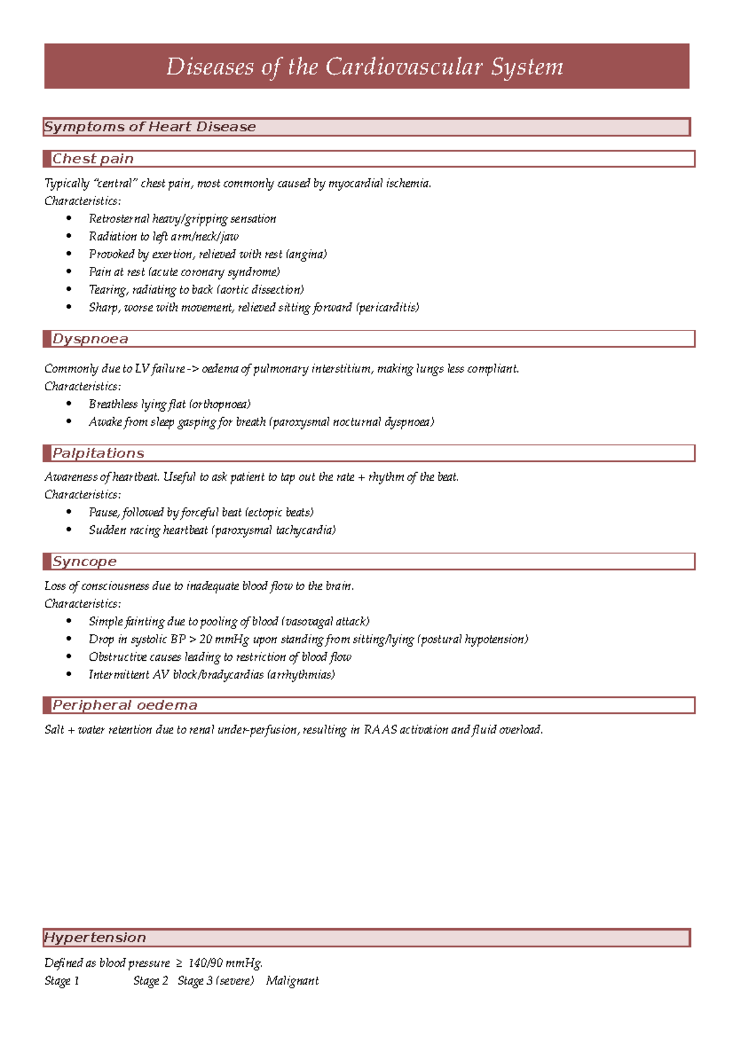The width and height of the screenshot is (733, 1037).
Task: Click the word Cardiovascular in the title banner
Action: coord(404,67)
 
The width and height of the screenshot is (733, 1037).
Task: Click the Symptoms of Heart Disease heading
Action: coord(150,127)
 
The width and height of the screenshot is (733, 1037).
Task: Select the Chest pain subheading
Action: coord(93,159)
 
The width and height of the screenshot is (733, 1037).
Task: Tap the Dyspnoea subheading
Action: coord(90,339)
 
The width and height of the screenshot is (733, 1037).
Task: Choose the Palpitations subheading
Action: coord(98,453)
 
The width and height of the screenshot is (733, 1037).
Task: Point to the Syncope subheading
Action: coord(84,562)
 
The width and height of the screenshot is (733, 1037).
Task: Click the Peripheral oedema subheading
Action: coord(125,705)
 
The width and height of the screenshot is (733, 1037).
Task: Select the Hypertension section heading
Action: coord(95,937)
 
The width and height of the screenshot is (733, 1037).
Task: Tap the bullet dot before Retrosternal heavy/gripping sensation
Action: coord(69,218)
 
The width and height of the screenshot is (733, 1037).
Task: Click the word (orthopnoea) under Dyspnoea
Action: coord(219,404)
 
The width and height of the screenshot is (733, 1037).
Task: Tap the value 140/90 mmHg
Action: coord(225,963)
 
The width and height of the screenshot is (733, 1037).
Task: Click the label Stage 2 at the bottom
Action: coord(150,981)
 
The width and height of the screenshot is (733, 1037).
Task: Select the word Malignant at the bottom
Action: coord(292,981)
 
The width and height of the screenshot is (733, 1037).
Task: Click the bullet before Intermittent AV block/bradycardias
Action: coord(69,674)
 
